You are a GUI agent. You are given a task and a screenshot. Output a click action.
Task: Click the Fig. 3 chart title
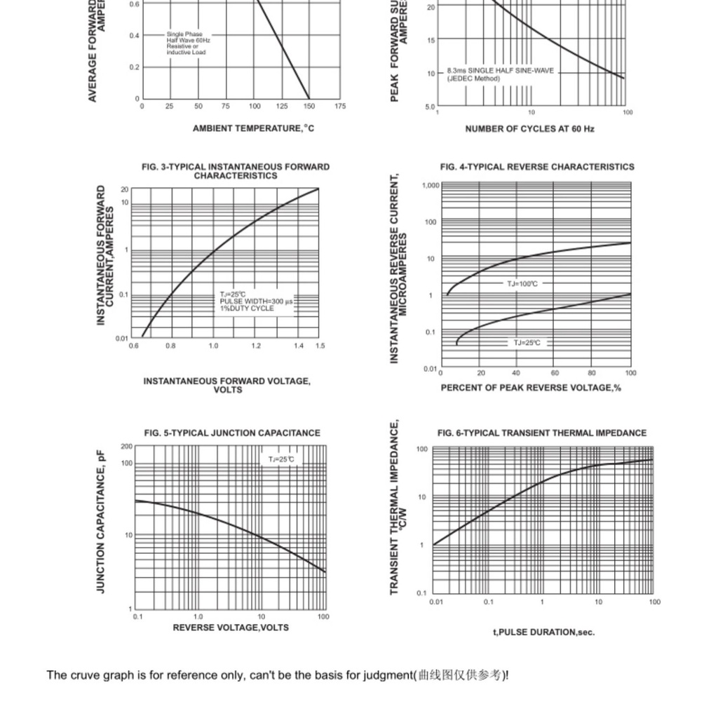235,171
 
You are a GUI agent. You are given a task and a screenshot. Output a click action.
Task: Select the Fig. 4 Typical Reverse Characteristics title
536,167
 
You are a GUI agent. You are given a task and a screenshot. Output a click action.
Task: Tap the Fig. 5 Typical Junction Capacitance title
232,433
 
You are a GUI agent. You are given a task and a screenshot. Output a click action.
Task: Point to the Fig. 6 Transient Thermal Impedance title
541,433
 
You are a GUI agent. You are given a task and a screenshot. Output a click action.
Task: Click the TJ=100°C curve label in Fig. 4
522,284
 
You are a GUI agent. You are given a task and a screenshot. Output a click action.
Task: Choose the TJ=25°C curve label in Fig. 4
527,343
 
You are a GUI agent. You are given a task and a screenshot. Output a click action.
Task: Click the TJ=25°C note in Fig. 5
281,459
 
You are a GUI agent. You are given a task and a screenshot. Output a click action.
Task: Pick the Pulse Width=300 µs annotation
256,302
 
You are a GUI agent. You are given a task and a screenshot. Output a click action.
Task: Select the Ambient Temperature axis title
253,128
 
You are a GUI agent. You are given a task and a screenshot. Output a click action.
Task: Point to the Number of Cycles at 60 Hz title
529,129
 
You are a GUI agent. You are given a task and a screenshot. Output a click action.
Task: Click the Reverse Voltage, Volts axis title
231,628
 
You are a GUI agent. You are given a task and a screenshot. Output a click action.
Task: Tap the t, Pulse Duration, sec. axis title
543,632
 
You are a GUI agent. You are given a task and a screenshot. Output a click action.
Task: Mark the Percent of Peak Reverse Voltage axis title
530,388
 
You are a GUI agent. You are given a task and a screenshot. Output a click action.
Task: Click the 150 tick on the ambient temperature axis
309,107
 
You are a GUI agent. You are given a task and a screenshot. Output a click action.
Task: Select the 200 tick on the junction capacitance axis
126,446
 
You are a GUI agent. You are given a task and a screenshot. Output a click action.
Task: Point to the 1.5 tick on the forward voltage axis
320,346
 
